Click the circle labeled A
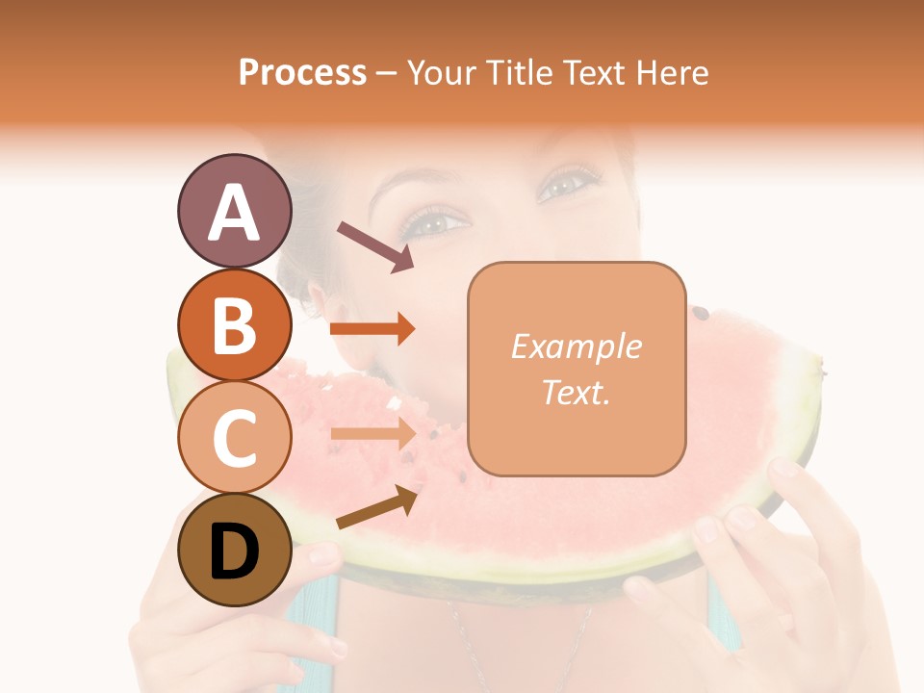pyautogui.click(x=234, y=212)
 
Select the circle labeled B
pyautogui.click(x=234, y=324)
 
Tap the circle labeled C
pyautogui.click(x=234, y=437)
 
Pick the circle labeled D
pyautogui.click(x=234, y=550)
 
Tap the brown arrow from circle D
pyautogui.click(x=376, y=507)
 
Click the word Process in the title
pyautogui.click(x=302, y=72)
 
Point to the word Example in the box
pyautogui.click(x=576, y=346)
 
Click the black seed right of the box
pyautogui.click(x=702, y=312)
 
